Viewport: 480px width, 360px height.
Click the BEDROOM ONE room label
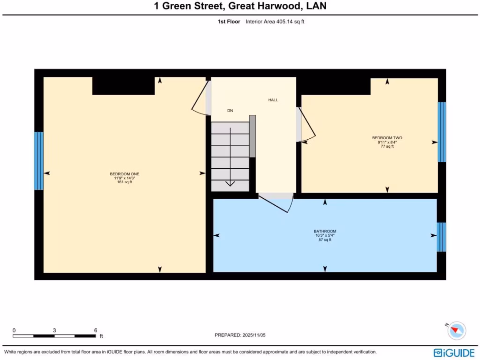click(124, 174)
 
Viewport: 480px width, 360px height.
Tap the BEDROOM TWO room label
click(387, 138)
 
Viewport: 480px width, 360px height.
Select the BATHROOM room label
click(325, 231)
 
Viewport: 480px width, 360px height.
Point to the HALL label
click(273, 100)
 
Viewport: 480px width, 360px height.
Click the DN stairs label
click(230, 111)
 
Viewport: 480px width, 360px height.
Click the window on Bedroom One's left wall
click(38, 161)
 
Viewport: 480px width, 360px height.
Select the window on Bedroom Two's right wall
click(442, 132)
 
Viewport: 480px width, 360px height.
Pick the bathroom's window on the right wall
click(441, 237)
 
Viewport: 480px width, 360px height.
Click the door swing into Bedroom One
click(201, 99)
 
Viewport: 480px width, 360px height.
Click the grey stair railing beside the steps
click(252, 136)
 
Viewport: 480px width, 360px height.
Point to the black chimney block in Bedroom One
click(123, 86)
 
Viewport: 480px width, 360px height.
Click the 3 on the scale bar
click(54, 330)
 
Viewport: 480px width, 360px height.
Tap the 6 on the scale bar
click(95, 330)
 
